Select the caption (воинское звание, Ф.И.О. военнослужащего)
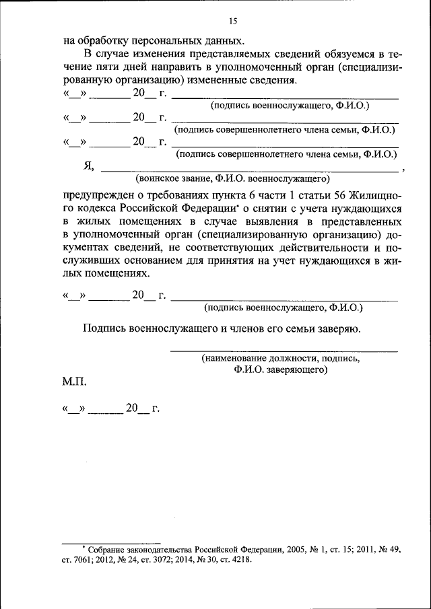[x=232, y=180]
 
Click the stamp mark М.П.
[x=75, y=382]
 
